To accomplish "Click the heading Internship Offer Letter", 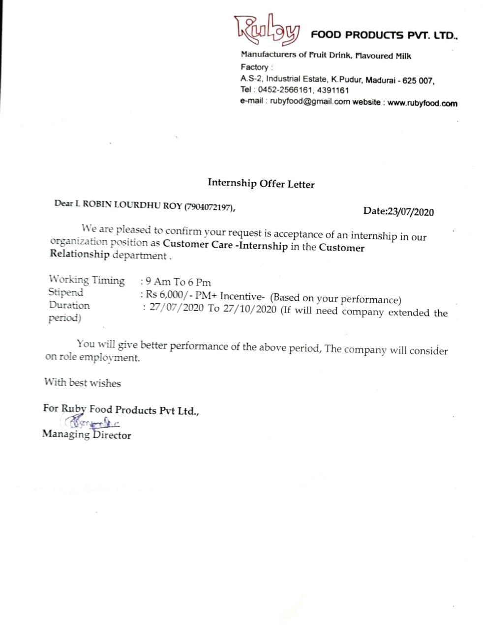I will (x=261, y=184).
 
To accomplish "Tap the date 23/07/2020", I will (x=411, y=212).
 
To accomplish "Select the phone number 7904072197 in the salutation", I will (x=208, y=207).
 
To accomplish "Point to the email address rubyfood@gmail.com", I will (x=302, y=102).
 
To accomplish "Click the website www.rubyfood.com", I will (x=422, y=103).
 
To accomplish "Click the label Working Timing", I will (x=87, y=280).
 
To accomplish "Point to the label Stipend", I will (x=66, y=292).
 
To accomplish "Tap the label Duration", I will (x=69, y=305).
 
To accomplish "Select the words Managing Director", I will (x=87, y=434).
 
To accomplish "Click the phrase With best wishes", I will (x=82, y=382).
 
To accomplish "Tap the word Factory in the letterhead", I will (x=254, y=67).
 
